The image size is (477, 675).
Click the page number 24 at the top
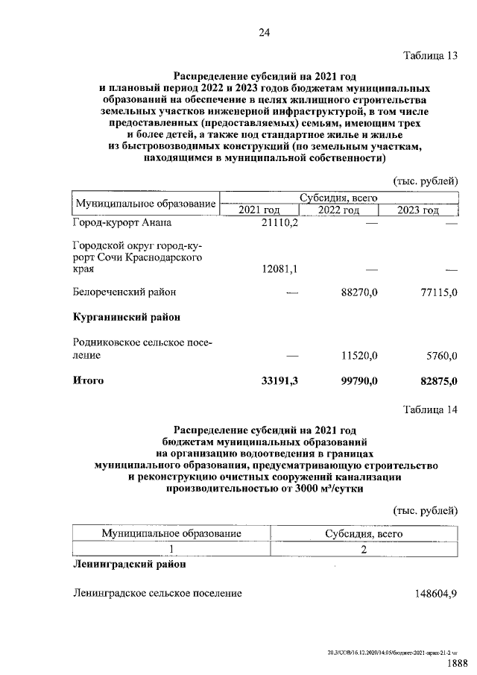click(264, 32)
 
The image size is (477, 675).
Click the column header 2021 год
click(259, 210)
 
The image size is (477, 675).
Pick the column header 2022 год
click(339, 210)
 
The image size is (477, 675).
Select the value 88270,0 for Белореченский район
click(359, 292)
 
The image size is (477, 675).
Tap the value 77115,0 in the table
click(438, 292)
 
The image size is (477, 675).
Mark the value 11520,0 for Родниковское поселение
click(359, 357)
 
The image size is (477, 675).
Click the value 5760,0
click(441, 357)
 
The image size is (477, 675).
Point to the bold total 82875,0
click(438, 381)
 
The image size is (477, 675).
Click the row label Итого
click(88, 381)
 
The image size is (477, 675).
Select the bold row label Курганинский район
click(127, 317)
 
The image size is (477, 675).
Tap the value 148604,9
click(436, 594)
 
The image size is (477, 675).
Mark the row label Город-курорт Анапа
click(121, 223)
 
